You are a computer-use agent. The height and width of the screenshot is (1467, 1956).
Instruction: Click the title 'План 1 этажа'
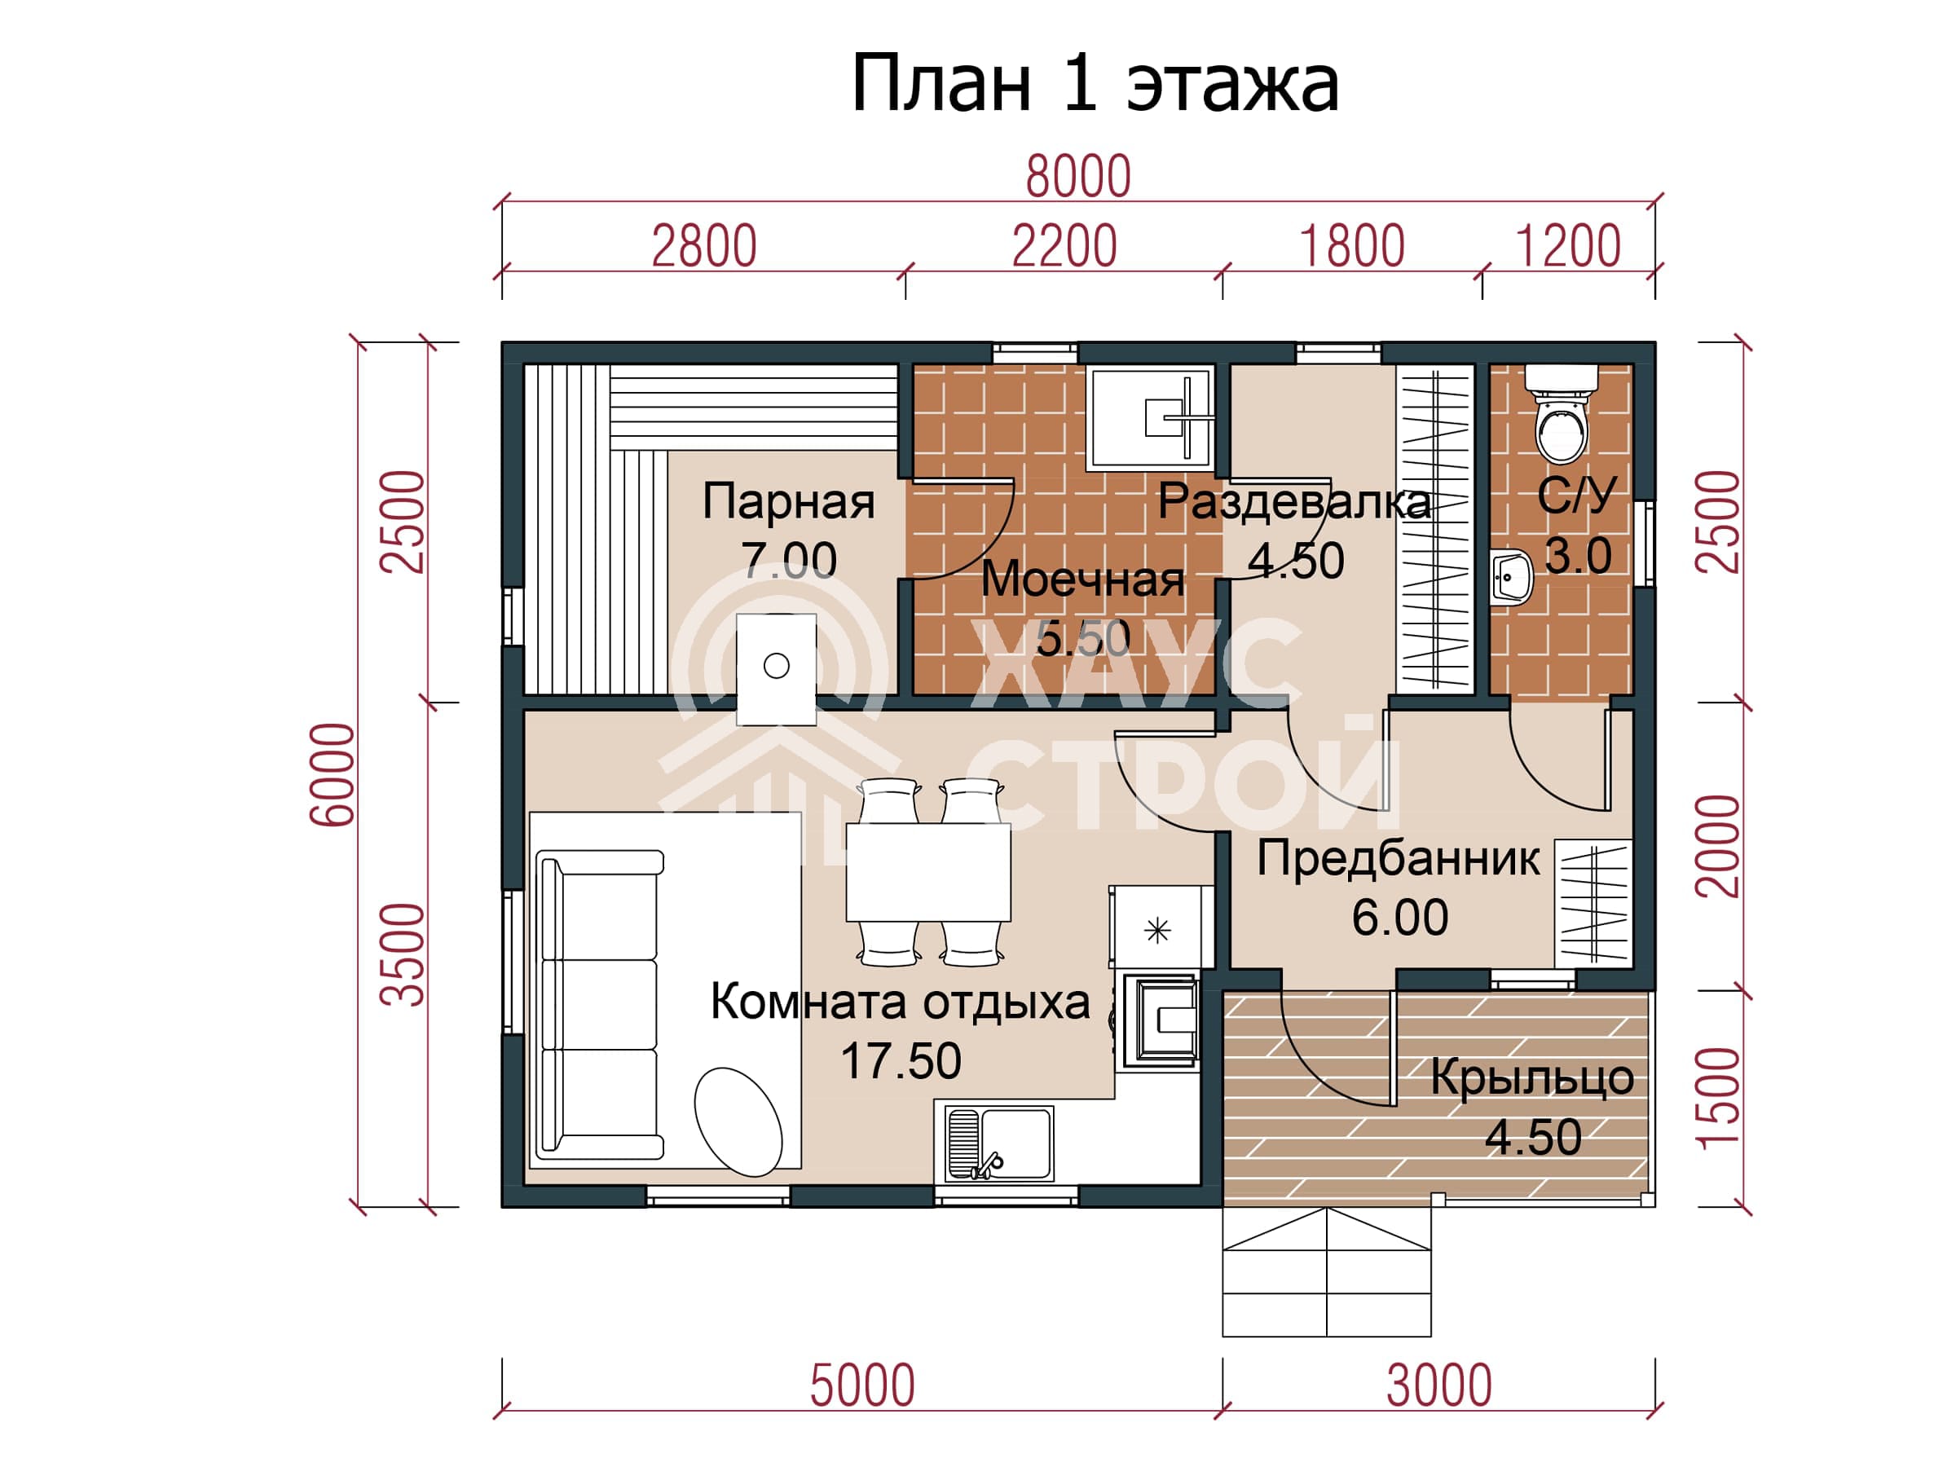click(1095, 84)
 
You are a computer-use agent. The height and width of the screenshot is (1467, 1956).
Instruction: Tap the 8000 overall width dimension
click(1078, 176)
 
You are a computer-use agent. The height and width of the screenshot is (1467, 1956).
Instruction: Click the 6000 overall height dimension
click(333, 774)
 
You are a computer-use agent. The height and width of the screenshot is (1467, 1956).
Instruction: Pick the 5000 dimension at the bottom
click(862, 1385)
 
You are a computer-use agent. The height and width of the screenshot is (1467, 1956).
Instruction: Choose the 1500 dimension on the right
click(1719, 1099)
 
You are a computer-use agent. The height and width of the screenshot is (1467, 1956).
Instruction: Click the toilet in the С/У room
click(1562, 414)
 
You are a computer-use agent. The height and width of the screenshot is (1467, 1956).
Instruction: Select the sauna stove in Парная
click(777, 669)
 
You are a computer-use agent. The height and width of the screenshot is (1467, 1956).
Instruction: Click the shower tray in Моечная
click(1151, 418)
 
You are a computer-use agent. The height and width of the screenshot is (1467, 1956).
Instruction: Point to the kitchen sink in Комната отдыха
click(999, 1143)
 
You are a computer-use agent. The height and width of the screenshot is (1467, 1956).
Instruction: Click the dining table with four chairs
click(928, 872)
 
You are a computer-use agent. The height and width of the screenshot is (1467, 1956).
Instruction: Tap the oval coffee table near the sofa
click(738, 1122)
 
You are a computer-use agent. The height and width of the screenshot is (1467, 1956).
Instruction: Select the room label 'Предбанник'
click(1398, 860)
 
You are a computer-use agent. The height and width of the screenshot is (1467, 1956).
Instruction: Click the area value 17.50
click(901, 1060)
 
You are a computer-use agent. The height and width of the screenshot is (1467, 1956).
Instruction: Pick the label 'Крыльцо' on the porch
click(1532, 1079)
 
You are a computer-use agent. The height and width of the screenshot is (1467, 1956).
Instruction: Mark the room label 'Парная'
click(789, 501)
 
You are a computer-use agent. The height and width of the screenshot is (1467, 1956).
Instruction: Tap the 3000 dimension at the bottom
click(1438, 1385)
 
